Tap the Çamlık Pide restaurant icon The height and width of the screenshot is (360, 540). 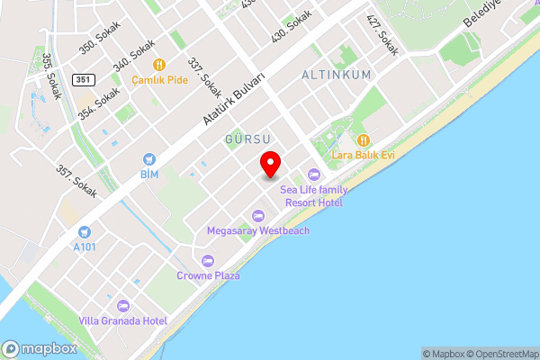click(x=159, y=64)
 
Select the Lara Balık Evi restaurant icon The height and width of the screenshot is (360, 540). click(x=364, y=139)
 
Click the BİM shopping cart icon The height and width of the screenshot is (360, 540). click(x=148, y=157)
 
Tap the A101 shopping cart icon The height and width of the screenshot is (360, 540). click(x=84, y=231)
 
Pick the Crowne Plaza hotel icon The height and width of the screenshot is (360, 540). click(x=208, y=260)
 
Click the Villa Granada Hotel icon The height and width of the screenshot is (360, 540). click(x=123, y=305)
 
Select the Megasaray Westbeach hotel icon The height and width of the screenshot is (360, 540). click(x=258, y=215)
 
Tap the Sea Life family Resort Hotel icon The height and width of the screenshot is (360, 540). click(x=313, y=174)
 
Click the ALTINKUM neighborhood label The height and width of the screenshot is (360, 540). click(x=337, y=75)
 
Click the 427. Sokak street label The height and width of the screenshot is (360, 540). click(x=382, y=33)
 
